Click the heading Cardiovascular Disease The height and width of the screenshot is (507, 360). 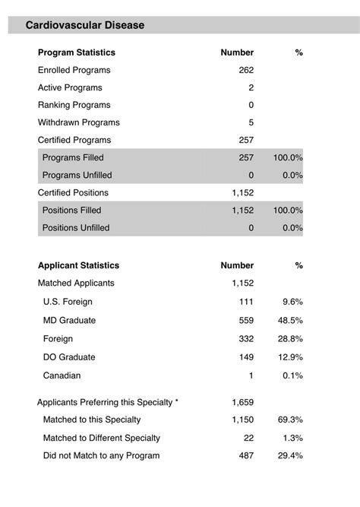pos(85,25)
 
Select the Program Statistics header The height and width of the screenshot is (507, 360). pos(77,52)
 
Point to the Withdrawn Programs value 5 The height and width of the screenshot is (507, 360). pos(251,122)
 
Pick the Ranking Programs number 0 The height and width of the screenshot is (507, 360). pos(251,105)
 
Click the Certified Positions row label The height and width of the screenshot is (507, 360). pos(73,192)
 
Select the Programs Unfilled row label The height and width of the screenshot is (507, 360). pos(77,175)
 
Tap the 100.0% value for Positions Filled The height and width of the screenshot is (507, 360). pos(288,210)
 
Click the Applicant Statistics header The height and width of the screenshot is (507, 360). pos(78,266)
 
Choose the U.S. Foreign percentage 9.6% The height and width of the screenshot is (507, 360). pos(292,302)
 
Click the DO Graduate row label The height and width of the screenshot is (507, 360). pos(69,357)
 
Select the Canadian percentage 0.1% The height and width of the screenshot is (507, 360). pos(292,375)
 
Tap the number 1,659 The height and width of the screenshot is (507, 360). pos(243,402)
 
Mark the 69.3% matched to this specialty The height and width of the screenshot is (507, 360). pos(290,420)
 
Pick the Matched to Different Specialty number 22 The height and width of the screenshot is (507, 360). pos(248,438)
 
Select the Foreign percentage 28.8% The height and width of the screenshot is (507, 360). pos(290,338)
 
